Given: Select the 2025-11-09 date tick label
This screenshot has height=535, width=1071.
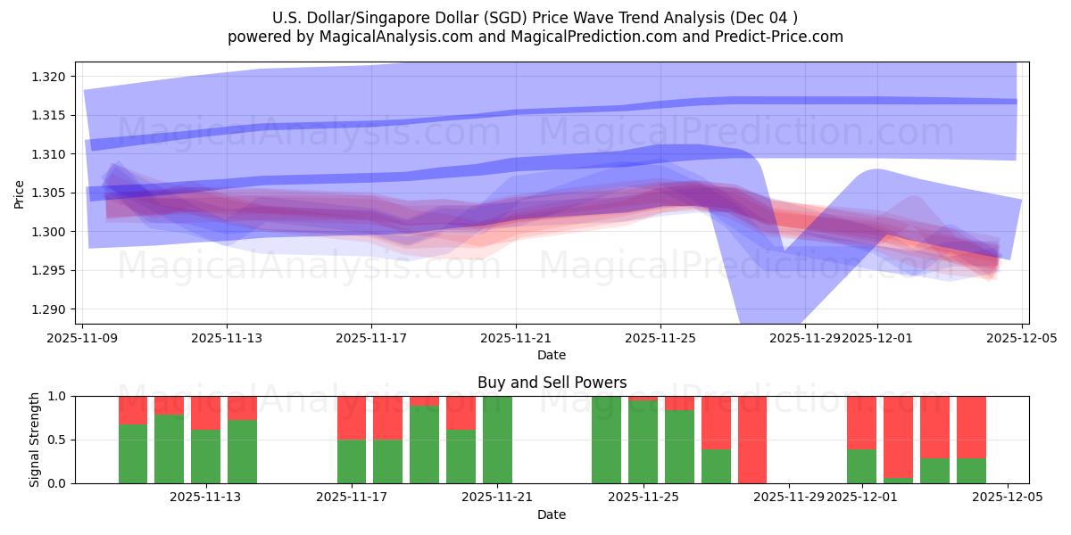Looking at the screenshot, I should pos(82,338).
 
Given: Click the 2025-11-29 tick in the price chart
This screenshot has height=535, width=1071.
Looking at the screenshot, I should pos(805,338).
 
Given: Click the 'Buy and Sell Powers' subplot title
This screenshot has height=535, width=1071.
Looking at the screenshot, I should pos(552,383).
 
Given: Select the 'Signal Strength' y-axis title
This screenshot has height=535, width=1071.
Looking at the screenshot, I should pos(35,440).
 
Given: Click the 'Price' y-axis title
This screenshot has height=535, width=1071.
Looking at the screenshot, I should pos(20,193).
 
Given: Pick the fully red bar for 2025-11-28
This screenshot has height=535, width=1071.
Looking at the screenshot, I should pos(752,440).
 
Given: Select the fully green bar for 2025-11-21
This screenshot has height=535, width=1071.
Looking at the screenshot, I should pos(497,440).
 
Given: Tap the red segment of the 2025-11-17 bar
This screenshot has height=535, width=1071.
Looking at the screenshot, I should pos(352,417).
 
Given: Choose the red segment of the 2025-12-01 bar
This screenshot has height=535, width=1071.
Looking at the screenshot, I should pos(861,422).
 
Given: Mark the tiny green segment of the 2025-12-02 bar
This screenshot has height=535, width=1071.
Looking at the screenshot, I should pos(898,481).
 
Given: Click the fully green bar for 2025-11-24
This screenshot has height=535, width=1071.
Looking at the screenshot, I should pos(606,440).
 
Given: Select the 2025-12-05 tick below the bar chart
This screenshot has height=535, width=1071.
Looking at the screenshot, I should pos(1008,498).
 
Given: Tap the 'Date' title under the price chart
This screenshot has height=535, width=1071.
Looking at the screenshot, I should pos(552,355).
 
